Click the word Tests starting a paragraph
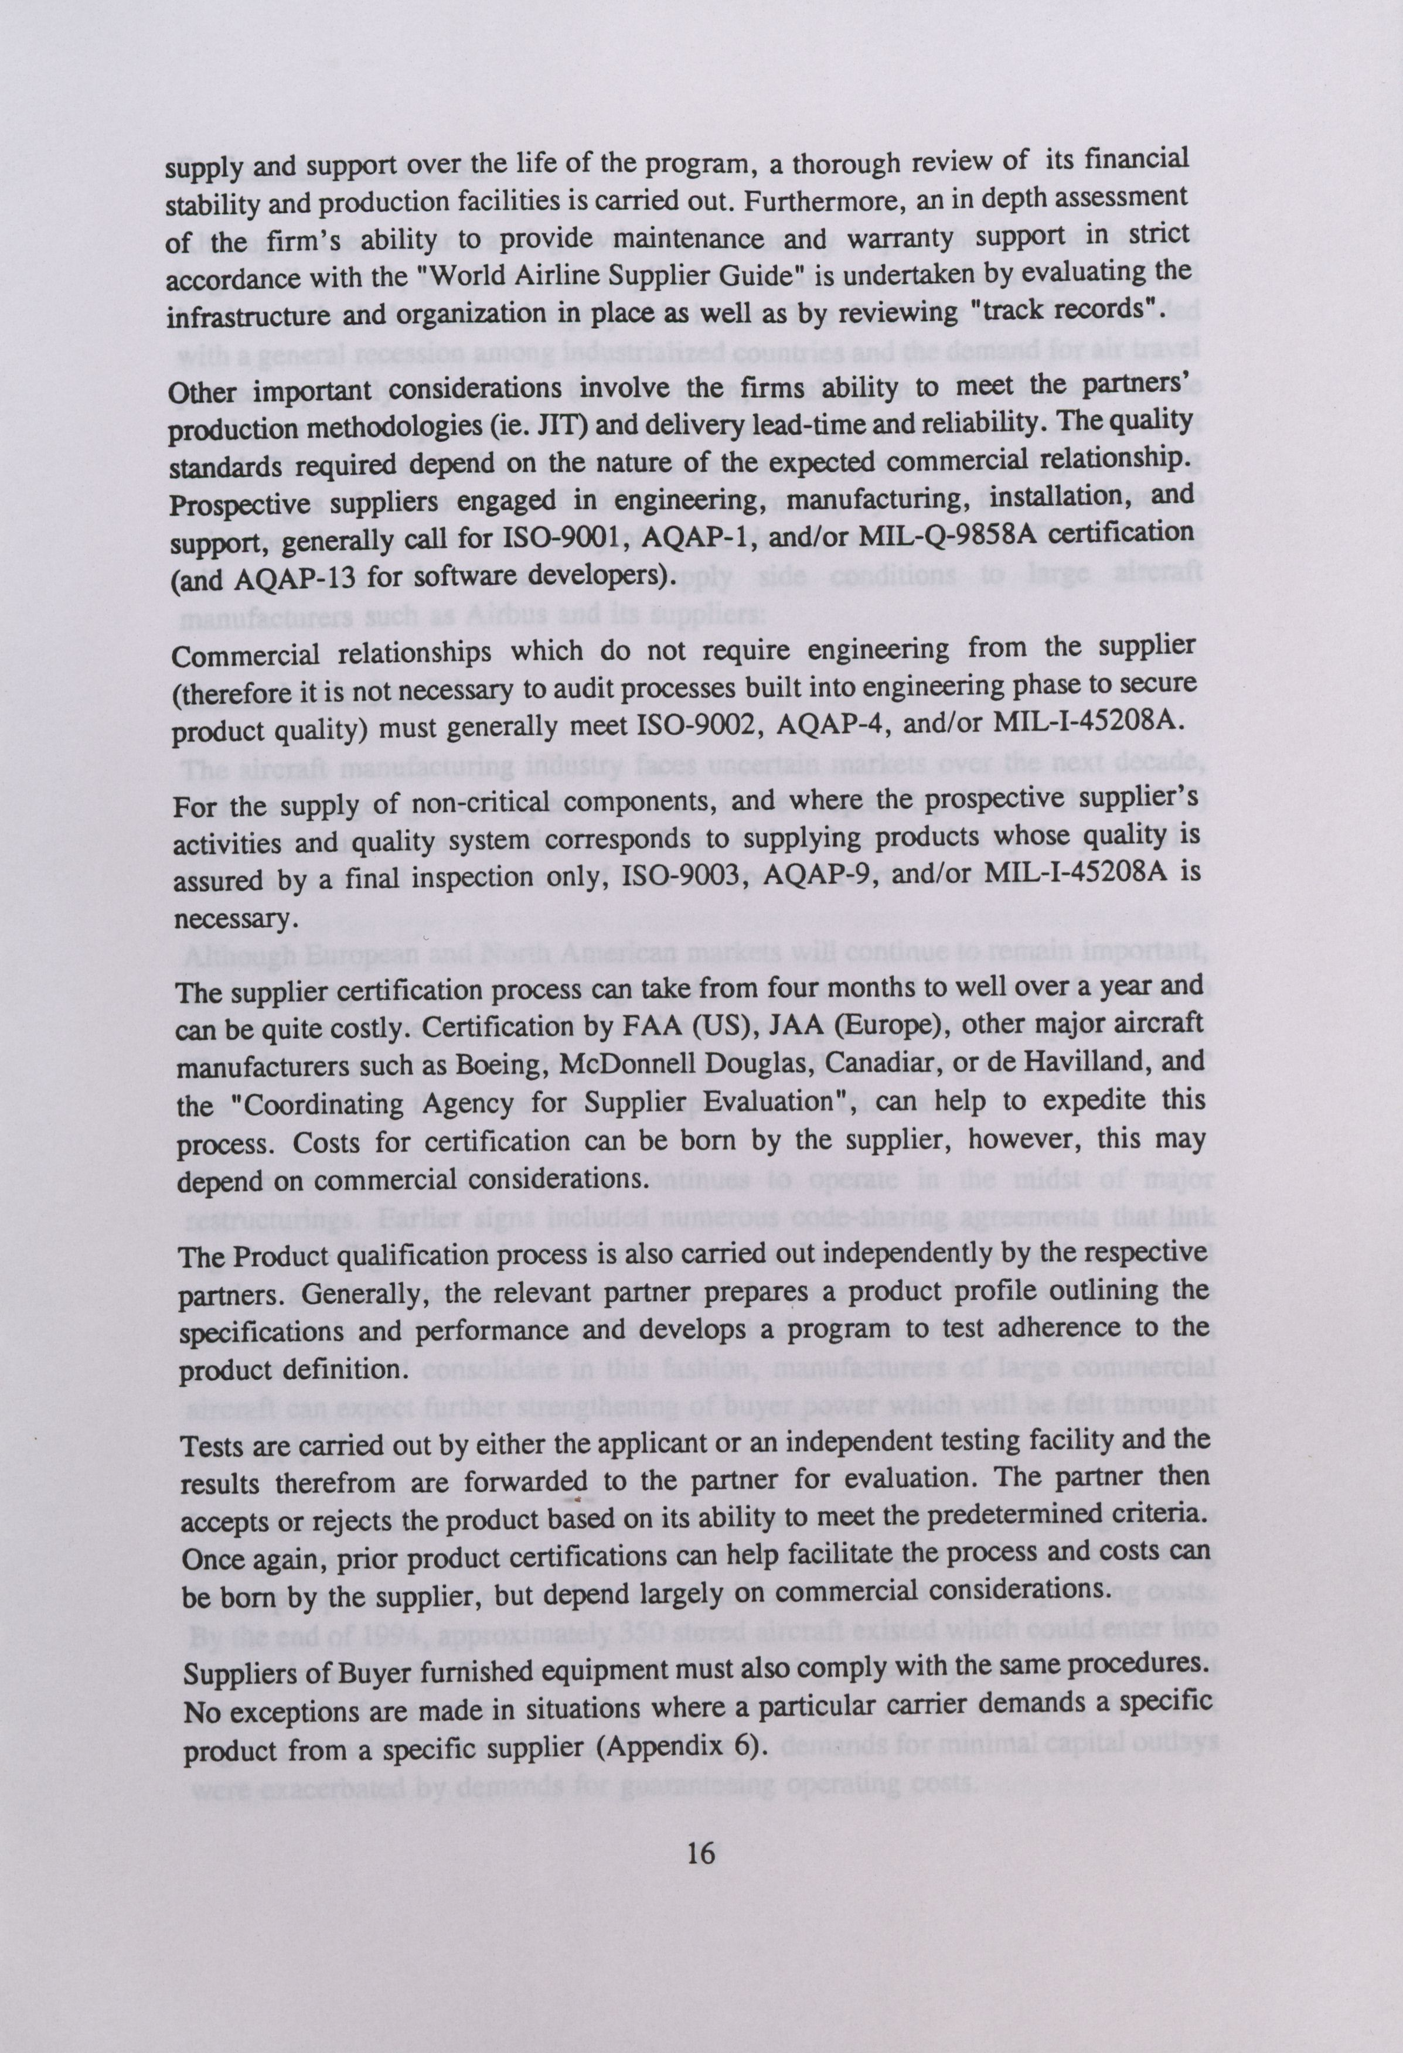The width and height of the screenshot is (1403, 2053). tap(214, 1446)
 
